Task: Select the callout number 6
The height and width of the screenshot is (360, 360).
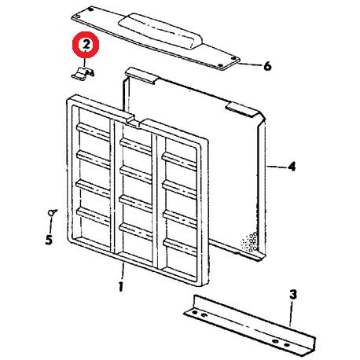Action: click(x=266, y=67)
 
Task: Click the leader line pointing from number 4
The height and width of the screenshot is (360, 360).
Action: click(x=276, y=167)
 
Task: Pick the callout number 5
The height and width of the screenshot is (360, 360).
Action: click(x=48, y=239)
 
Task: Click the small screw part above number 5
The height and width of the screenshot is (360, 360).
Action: click(x=53, y=211)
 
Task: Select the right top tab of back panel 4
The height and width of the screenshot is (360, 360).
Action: click(x=239, y=107)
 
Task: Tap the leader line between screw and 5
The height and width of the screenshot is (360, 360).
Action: click(x=50, y=224)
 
